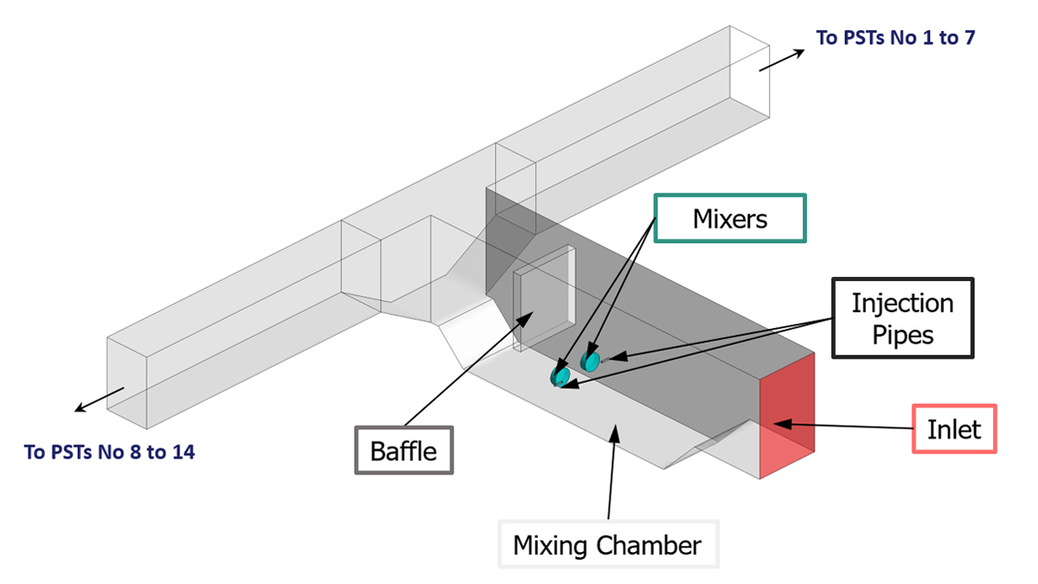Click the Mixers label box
point(729,219)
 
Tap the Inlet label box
point(955,428)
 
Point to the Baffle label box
point(403,450)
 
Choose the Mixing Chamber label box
point(607,545)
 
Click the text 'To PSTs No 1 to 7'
point(896,37)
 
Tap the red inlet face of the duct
point(786,415)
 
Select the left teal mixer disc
point(560,375)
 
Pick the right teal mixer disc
point(590,358)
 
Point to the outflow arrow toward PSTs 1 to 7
point(782,59)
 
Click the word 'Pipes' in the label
point(902,334)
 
